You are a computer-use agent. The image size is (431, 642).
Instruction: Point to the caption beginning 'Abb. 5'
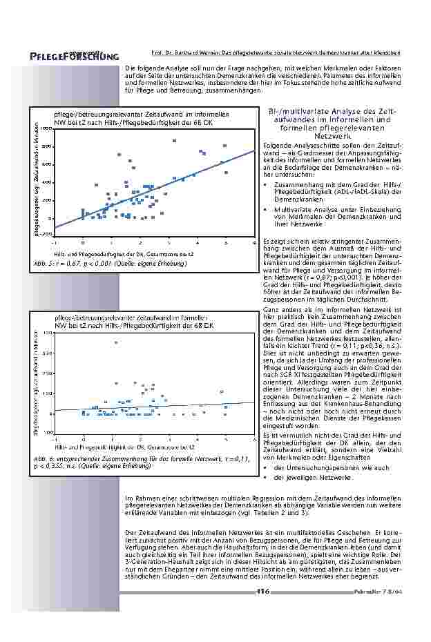pyautogui.click(x=111, y=263)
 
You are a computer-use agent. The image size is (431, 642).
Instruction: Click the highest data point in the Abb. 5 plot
pyautogui.click(x=174, y=141)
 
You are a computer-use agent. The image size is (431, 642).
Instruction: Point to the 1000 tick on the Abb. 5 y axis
pyautogui.click(x=46, y=129)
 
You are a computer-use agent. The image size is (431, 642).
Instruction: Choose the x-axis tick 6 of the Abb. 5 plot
pyautogui.click(x=254, y=243)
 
